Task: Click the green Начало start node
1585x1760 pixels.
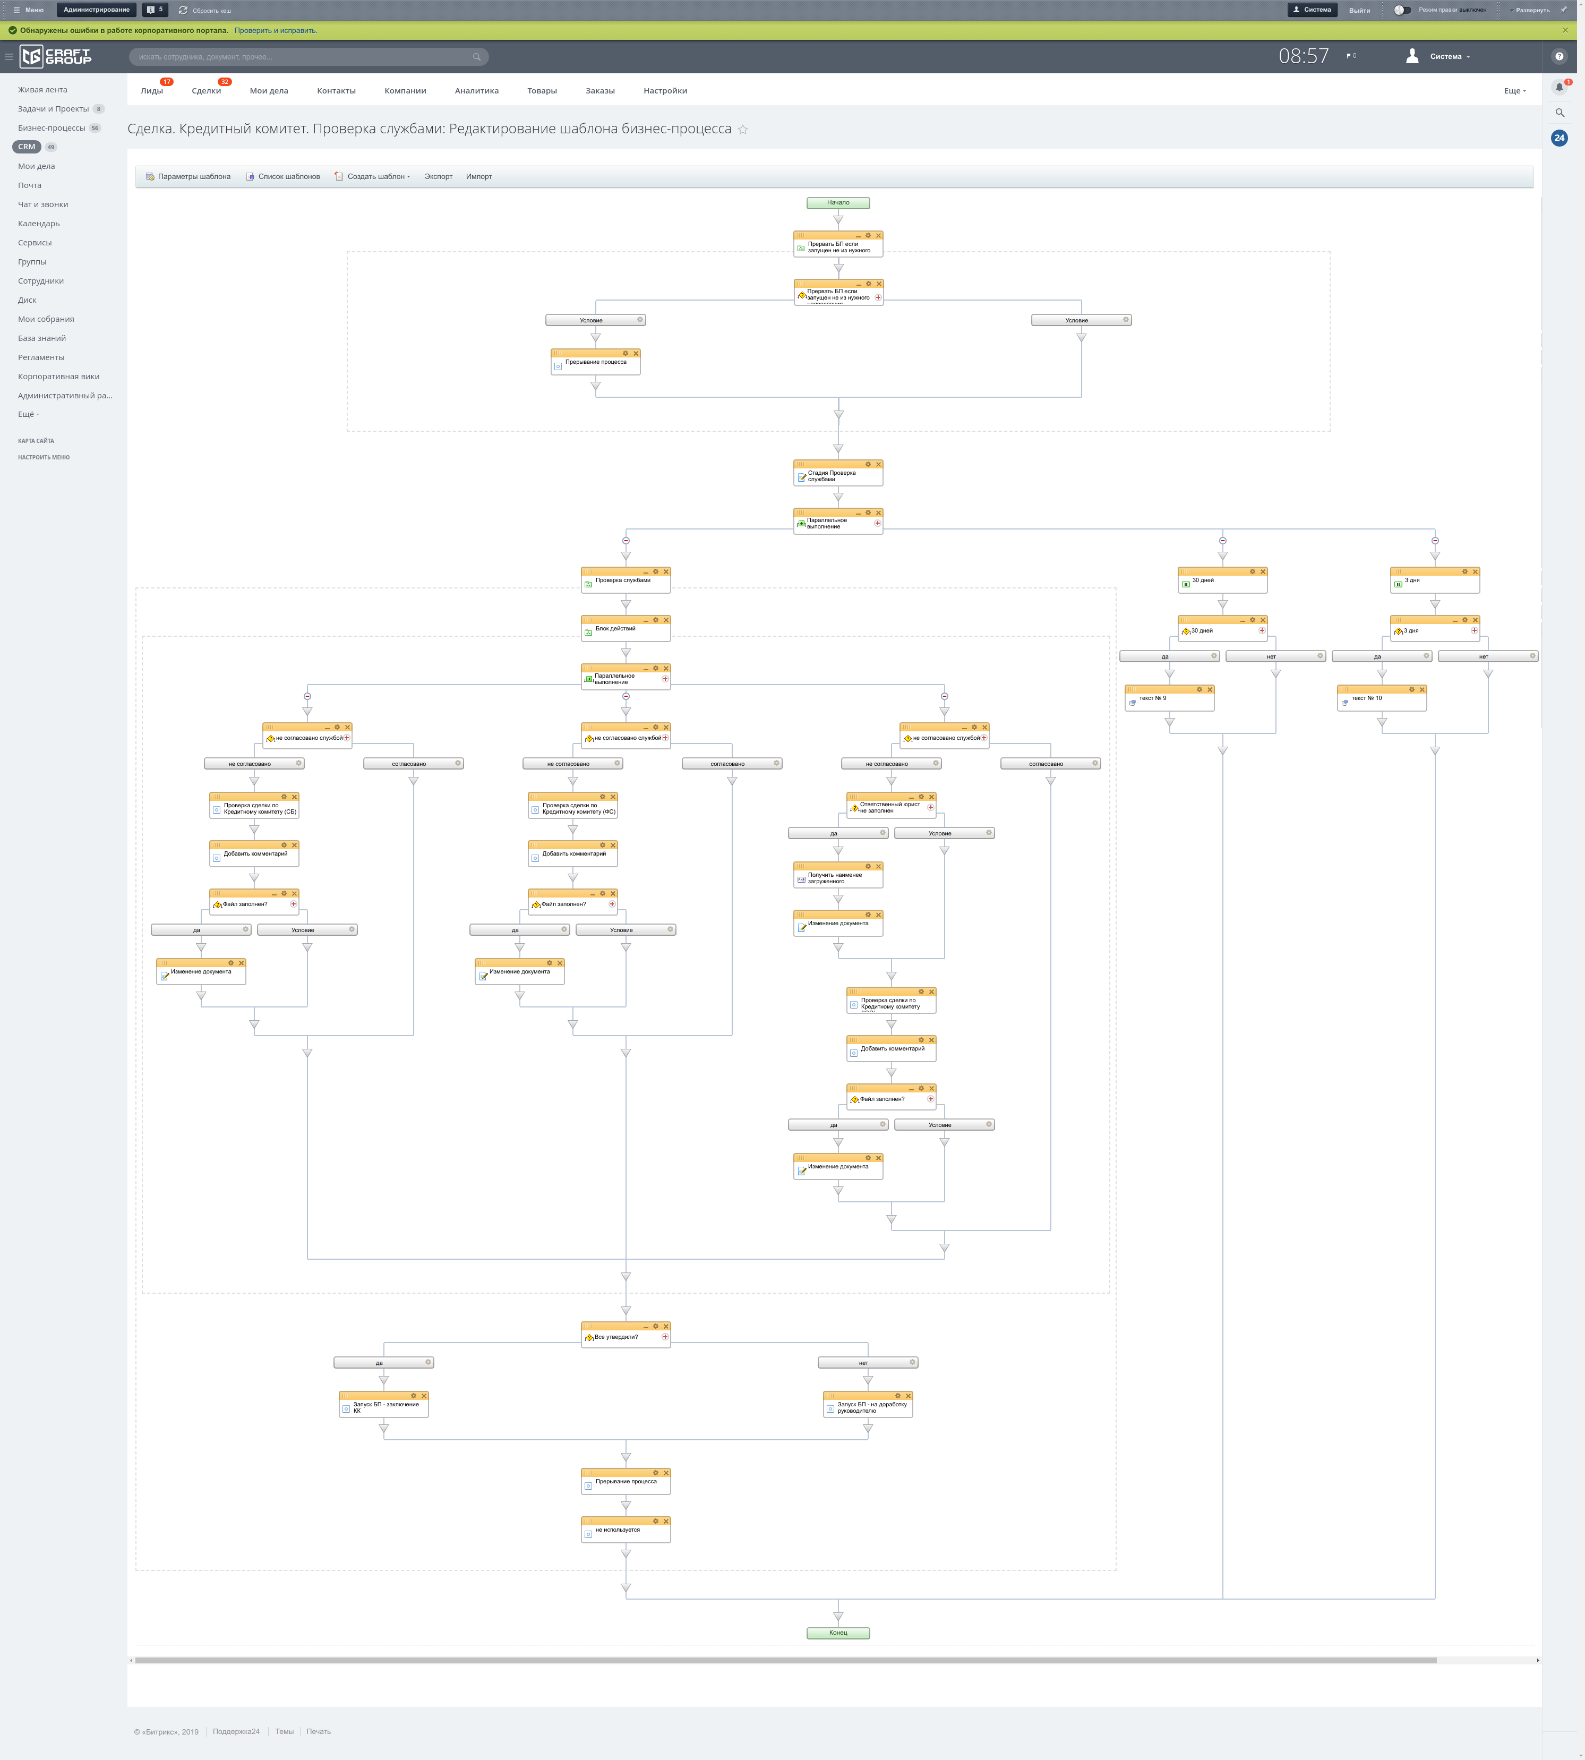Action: point(838,203)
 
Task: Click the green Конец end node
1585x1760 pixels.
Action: point(838,1633)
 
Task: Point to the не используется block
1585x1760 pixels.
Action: point(626,1531)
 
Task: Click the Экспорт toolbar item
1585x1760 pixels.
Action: point(438,177)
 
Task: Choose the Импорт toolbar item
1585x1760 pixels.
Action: point(479,177)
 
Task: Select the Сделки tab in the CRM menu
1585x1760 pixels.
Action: point(207,91)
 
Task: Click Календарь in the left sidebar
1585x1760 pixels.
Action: point(39,224)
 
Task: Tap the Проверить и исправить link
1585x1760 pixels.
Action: point(275,30)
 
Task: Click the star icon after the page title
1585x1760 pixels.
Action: point(743,130)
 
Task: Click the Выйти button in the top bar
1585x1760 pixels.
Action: point(1359,11)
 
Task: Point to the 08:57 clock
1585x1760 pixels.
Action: point(1304,57)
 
